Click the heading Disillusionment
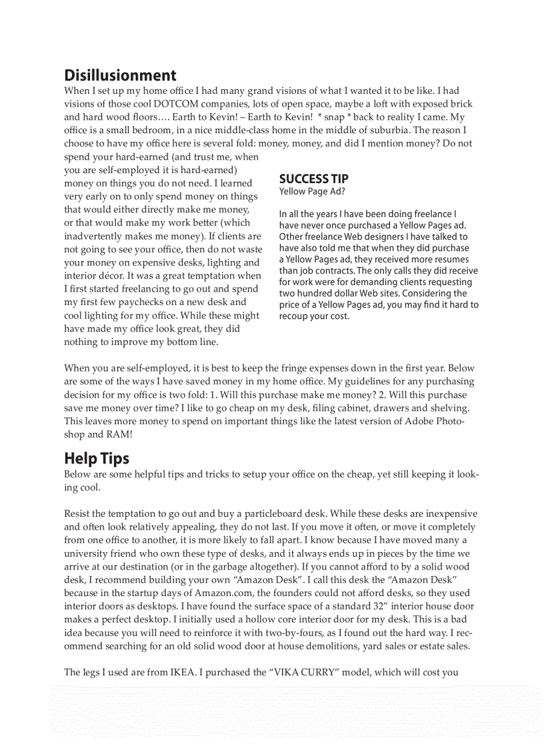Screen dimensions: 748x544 pyautogui.click(x=120, y=75)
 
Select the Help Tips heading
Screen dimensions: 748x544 pyautogui.click(x=97, y=458)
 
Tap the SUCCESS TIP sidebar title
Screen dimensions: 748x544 pyautogui.click(x=313, y=179)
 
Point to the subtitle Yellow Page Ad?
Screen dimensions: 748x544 pyautogui.click(x=312, y=192)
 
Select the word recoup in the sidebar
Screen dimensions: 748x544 pyautogui.click(x=295, y=316)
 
